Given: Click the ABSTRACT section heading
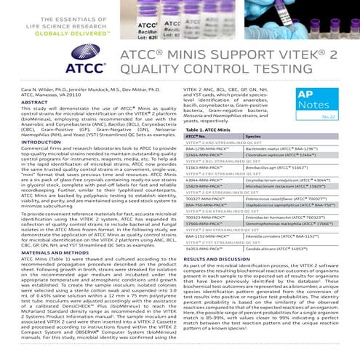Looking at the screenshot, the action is click(34, 103).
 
